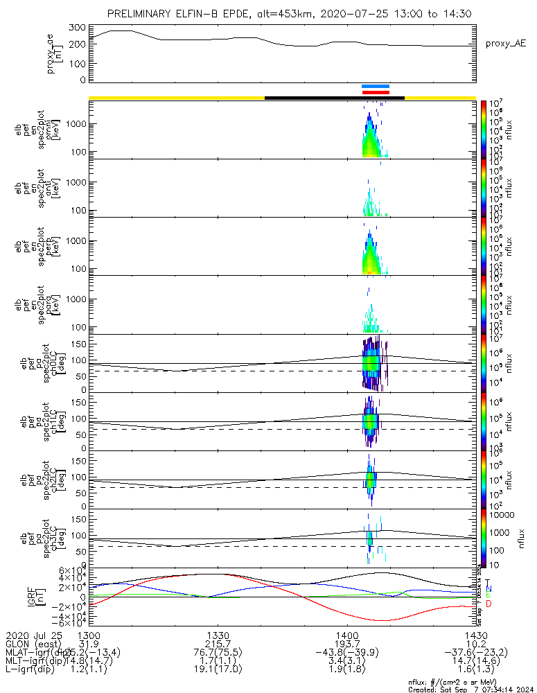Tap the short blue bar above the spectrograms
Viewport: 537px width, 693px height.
[x=376, y=86]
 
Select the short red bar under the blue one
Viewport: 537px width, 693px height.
[x=376, y=91]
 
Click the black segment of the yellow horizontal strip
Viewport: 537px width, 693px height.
[x=334, y=98]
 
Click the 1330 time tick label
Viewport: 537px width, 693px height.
[x=218, y=635]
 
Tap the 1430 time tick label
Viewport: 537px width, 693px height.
[x=475, y=635]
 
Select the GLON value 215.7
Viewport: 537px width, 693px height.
[x=218, y=644]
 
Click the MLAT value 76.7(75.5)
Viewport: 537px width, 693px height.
[x=218, y=653]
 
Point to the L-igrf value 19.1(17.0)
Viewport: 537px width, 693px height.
[x=218, y=671]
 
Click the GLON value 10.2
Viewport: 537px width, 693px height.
[x=475, y=644]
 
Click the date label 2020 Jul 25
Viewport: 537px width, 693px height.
[x=33, y=635]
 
